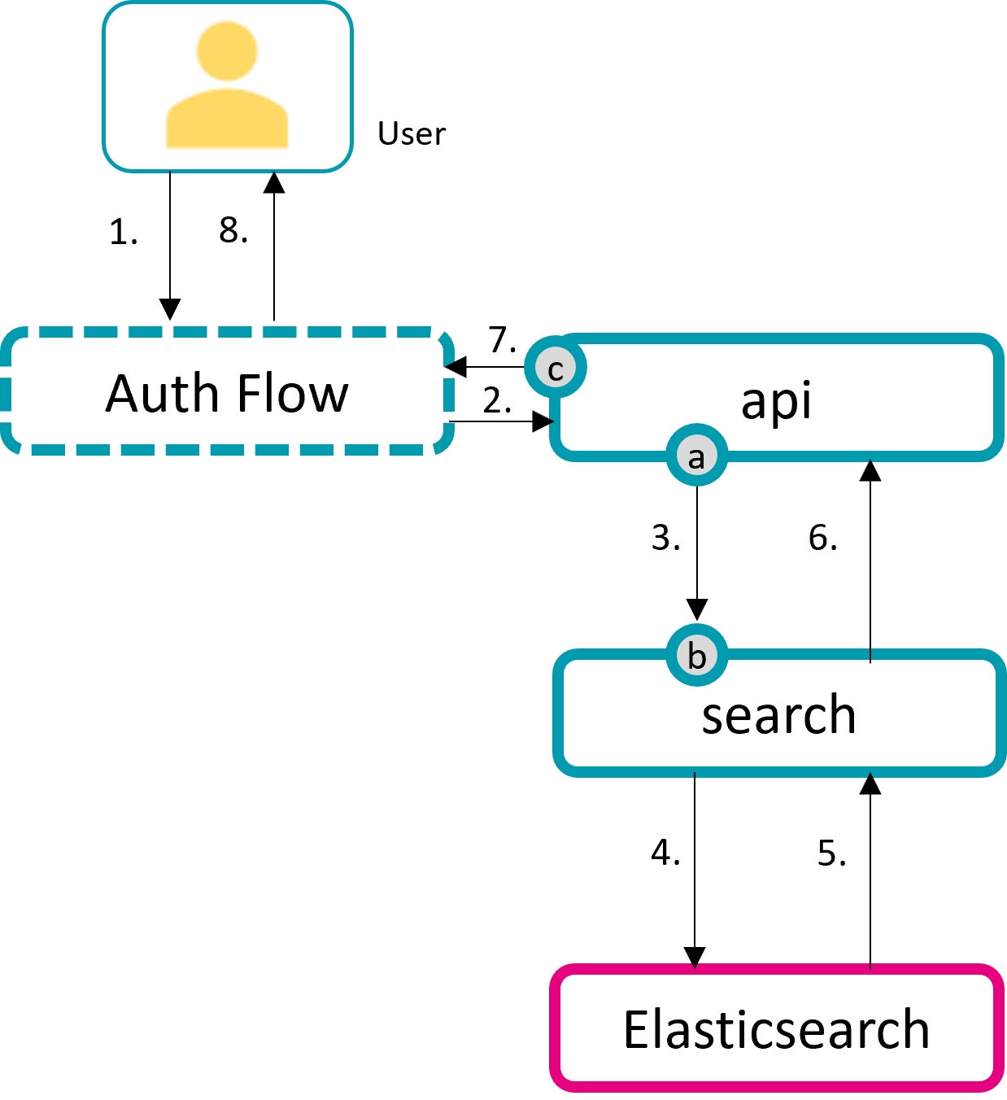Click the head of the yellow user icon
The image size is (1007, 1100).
point(227,50)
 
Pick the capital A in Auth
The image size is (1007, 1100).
point(122,394)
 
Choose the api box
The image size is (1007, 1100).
point(895,399)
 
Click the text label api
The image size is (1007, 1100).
point(776,401)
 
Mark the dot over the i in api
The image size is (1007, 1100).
point(804,383)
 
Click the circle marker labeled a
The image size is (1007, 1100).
point(696,456)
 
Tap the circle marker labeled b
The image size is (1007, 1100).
point(696,655)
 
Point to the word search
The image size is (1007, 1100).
point(778,715)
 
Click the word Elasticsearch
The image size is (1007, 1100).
point(776,1029)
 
